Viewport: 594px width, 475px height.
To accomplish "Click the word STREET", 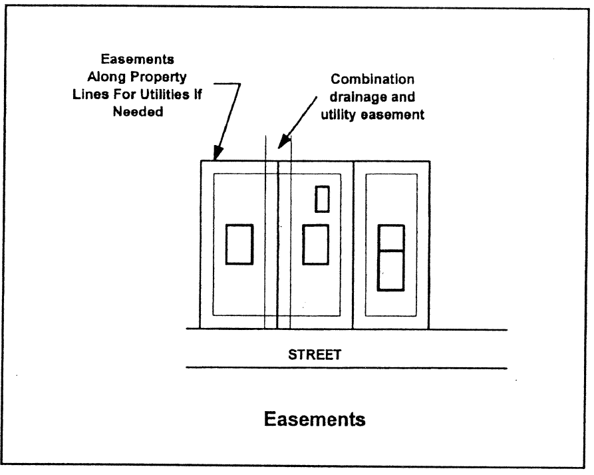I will point(315,355).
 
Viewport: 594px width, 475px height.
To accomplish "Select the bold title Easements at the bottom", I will point(315,420).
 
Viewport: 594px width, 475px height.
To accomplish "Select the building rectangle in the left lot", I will point(239,244).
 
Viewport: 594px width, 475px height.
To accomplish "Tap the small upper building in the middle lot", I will point(323,199).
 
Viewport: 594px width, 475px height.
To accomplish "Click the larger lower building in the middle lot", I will point(316,245).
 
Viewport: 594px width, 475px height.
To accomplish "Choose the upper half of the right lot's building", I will point(391,237).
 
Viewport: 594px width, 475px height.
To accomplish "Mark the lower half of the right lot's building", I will point(391,270).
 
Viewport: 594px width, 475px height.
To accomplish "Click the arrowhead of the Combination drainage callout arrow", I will point(282,144).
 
